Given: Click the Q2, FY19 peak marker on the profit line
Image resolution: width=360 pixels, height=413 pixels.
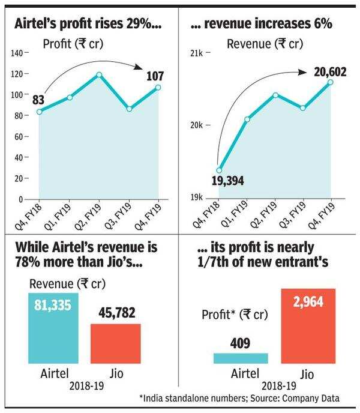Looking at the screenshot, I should (x=99, y=75).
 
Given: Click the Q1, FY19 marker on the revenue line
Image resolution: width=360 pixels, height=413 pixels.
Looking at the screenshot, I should (x=247, y=119).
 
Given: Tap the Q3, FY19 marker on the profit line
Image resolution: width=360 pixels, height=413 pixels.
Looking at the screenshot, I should (x=129, y=109).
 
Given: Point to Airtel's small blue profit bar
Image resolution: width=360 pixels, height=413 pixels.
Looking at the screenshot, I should (x=241, y=358).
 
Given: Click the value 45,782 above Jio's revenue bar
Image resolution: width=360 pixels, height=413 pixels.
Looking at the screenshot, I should (x=116, y=313).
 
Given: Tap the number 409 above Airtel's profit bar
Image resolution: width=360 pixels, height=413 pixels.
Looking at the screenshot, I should (x=241, y=343).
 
